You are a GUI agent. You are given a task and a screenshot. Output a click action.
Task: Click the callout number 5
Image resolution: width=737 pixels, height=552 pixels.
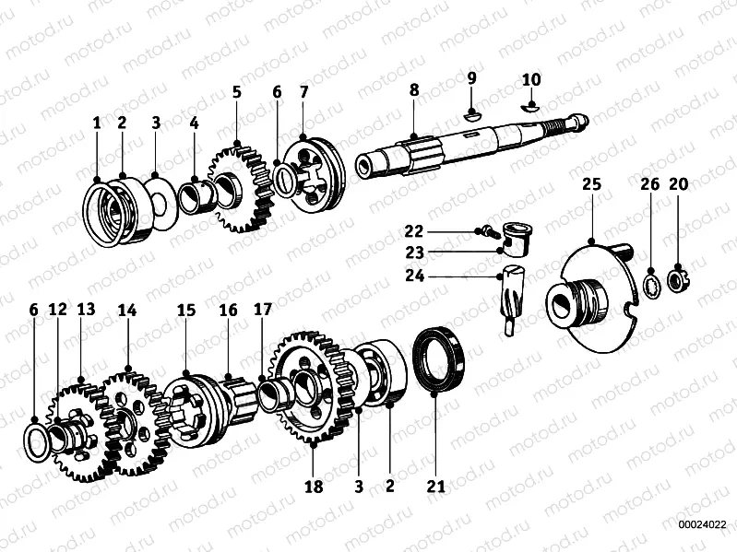click(237, 92)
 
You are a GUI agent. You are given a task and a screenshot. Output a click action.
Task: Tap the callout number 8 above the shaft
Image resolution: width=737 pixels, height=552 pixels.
click(414, 89)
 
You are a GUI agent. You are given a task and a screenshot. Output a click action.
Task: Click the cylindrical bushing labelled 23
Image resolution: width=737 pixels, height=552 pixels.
click(517, 238)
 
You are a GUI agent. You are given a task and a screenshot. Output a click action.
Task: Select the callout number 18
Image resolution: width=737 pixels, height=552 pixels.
click(315, 487)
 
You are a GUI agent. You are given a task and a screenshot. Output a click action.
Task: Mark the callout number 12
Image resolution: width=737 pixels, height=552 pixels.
click(58, 311)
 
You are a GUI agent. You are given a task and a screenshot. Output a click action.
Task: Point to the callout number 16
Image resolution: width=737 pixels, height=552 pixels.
click(228, 311)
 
